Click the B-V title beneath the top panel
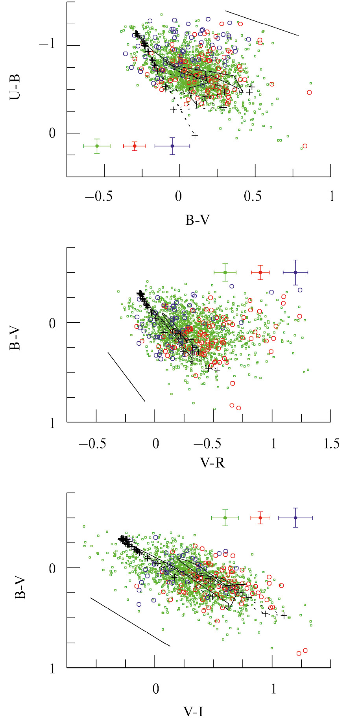[x=198, y=220]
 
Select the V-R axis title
[x=212, y=462]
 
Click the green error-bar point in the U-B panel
[x=97, y=146]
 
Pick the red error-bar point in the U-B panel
[x=135, y=146]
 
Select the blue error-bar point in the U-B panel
[x=172, y=146]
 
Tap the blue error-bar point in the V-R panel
[x=295, y=272]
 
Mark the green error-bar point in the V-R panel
[x=225, y=272]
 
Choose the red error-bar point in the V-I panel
[x=260, y=518]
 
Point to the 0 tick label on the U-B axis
[x=52, y=133]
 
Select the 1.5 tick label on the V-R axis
[x=331, y=444]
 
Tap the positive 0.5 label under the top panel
[x=253, y=196]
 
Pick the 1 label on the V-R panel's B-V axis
[x=52, y=423]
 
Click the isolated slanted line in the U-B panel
[x=262, y=23]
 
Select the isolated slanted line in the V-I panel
[x=130, y=622]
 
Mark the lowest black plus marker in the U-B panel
[x=195, y=136]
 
